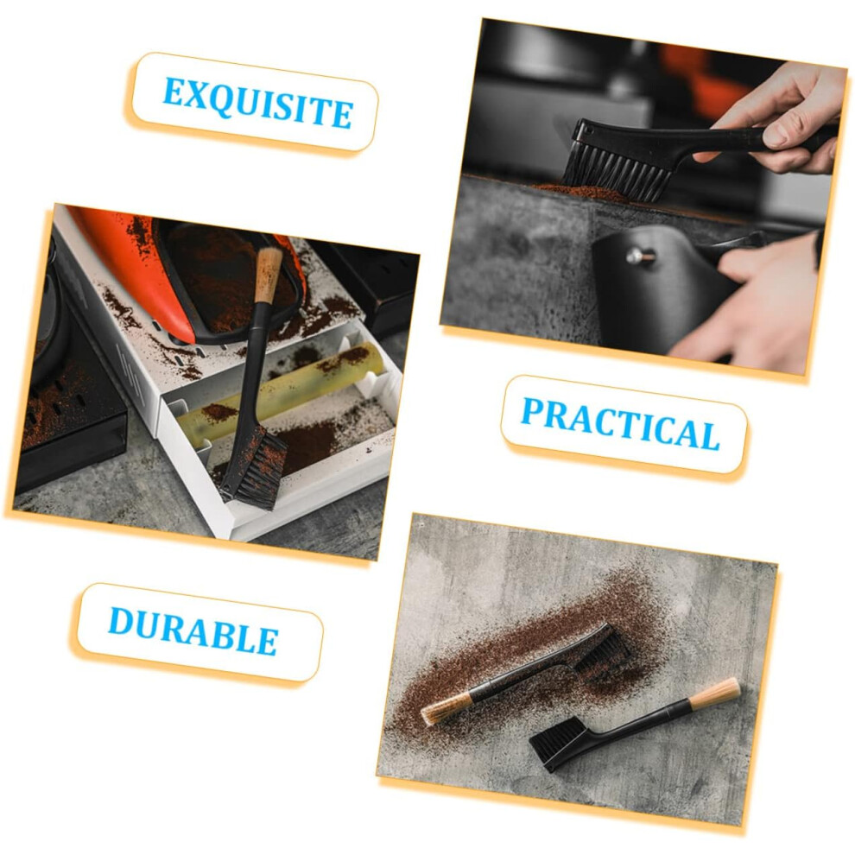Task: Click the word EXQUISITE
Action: tap(258, 103)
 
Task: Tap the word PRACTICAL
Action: tap(621, 424)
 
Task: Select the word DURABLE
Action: tap(193, 630)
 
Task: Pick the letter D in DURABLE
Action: tap(121, 621)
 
